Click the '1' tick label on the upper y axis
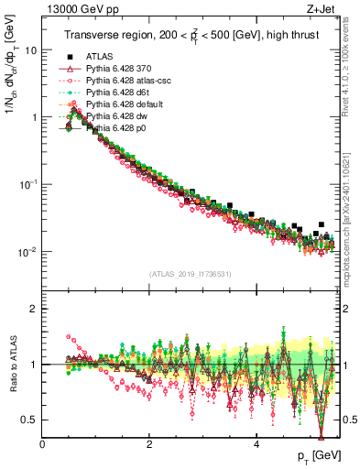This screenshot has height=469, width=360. tap(34, 117)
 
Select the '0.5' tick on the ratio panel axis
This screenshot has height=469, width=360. tap(30, 420)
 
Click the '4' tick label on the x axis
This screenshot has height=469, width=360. tap(256, 444)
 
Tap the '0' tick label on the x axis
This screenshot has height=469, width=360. tap(43, 444)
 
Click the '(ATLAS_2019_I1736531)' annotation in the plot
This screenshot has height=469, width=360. tap(188, 273)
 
